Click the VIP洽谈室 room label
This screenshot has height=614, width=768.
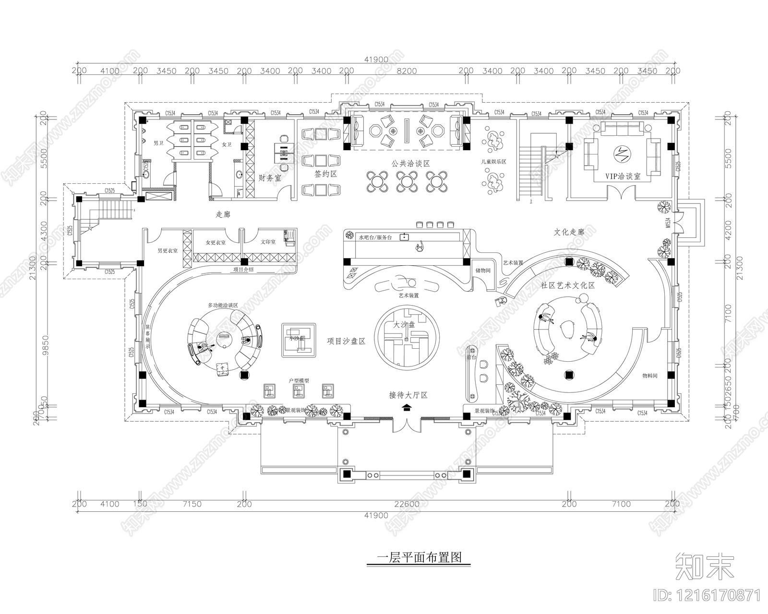623,177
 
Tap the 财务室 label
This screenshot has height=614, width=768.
270,177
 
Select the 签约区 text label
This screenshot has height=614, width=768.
326,174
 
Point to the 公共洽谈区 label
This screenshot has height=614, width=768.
410,163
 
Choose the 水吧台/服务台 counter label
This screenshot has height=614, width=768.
376,237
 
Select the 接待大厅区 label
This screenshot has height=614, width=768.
408,395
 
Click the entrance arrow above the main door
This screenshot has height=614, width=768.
407,408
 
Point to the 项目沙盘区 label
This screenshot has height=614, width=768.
346,341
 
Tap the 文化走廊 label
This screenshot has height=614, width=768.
569,232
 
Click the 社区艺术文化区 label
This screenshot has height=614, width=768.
568,285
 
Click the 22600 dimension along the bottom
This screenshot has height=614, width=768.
406,504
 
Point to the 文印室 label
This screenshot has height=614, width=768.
268,242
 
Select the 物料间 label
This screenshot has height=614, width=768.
649,376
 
